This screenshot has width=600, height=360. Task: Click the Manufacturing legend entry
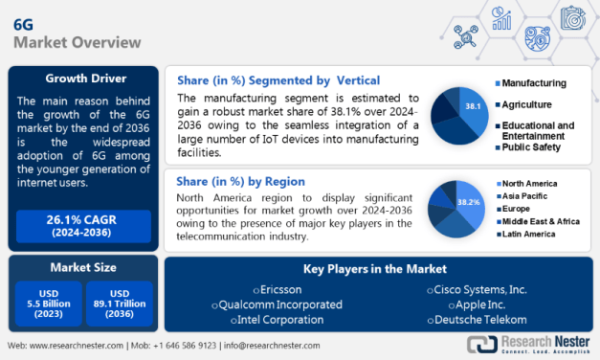(534, 83)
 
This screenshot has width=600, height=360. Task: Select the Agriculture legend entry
(529, 104)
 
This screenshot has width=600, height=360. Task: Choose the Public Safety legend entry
(532, 148)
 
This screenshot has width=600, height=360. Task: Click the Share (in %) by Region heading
(241, 181)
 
